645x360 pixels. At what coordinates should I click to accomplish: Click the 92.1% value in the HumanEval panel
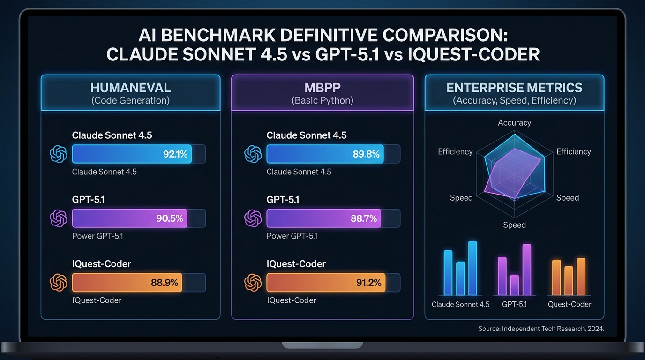click(175, 154)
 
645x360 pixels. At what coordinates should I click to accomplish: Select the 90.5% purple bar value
click(169, 218)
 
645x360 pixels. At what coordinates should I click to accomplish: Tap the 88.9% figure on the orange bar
click(164, 283)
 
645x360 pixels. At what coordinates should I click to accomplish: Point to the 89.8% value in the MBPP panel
click(365, 154)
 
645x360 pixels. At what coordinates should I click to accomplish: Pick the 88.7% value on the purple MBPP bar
click(363, 218)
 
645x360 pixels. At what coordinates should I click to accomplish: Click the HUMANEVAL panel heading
click(130, 87)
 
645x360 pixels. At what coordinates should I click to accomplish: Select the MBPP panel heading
click(322, 87)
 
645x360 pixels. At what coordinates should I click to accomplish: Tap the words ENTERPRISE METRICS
click(514, 88)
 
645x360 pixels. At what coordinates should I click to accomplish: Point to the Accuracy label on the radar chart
click(514, 123)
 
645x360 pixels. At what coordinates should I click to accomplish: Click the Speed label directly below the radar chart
click(514, 225)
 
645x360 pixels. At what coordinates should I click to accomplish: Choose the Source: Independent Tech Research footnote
click(541, 329)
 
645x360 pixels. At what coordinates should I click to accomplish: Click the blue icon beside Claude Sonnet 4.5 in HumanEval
click(59, 154)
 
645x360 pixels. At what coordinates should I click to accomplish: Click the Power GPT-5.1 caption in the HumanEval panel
click(97, 236)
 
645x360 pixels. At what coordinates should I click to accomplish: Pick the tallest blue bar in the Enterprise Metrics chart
click(472, 268)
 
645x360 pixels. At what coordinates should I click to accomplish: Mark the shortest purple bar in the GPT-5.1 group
click(514, 285)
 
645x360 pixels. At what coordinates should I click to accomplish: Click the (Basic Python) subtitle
click(322, 100)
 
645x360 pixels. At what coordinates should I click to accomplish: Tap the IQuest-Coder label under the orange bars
click(569, 304)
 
